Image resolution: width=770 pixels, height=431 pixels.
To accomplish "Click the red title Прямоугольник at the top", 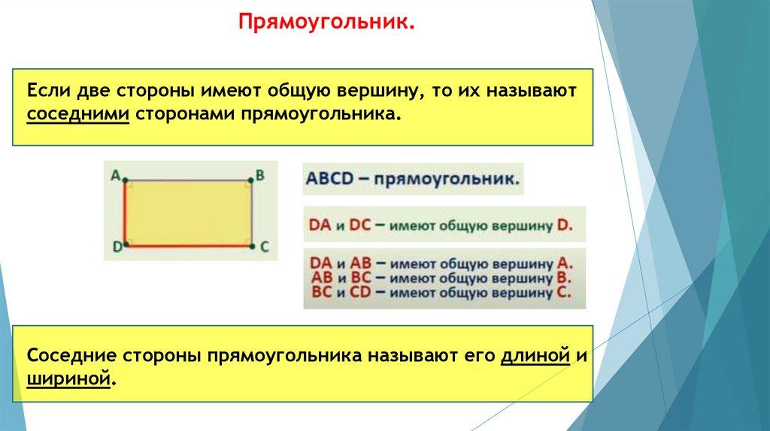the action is [x=326, y=22].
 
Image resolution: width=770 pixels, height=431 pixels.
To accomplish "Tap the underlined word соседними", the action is [x=78, y=114].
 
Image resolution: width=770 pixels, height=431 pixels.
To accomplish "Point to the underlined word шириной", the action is [x=68, y=379].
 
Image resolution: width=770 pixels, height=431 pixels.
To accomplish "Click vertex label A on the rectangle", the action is [x=115, y=174].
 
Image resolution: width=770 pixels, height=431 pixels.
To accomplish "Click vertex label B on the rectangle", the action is [x=259, y=174].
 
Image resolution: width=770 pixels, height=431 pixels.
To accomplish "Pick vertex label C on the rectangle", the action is [x=264, y=246].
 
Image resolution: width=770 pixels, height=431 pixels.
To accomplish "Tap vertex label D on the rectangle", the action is [x=117, y=246].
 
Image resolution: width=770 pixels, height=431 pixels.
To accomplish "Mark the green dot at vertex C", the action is [x=252, y=246].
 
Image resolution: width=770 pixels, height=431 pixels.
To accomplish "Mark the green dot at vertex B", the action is [x=250, y=180].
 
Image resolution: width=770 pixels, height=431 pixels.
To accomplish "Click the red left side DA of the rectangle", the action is [x=125, y=213].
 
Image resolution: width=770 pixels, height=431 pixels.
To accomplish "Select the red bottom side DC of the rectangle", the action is [x=189, y=246].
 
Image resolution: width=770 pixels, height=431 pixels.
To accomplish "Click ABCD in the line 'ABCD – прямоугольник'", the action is [x=329, y=178].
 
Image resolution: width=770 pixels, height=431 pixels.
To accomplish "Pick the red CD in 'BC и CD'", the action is [x=360, y=292].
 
